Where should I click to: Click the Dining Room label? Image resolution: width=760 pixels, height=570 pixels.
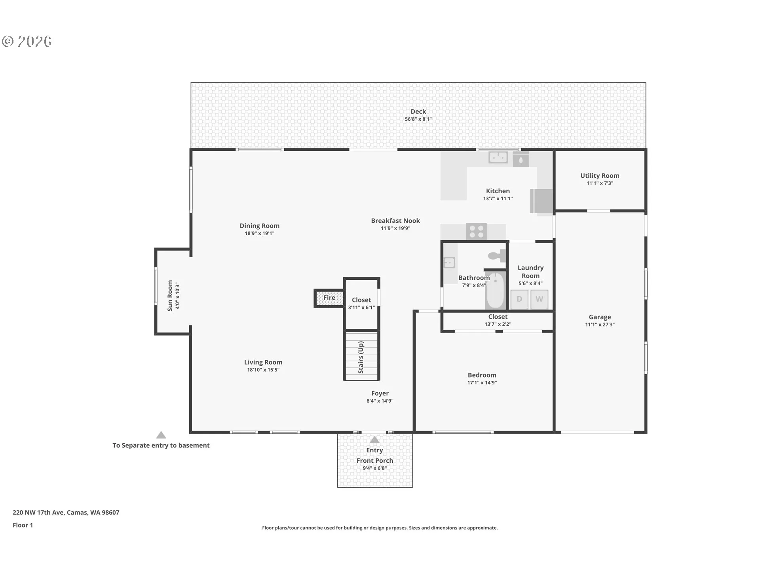[259, 226]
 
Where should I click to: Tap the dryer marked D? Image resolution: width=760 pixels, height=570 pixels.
[519, 299]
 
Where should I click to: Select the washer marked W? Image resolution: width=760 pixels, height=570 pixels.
[539, 299]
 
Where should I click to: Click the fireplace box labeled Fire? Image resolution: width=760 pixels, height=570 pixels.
[329, 298]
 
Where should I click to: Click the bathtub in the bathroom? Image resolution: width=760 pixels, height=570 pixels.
[495, 291]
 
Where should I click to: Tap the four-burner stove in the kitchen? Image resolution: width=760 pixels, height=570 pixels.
[476, 232]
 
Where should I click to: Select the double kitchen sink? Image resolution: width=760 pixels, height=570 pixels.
[498, 158]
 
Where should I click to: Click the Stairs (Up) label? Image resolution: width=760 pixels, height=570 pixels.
[361, 357]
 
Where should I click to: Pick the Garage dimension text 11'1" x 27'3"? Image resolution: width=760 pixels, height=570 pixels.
[600, 325]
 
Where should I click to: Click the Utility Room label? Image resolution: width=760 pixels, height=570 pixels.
[600, 175]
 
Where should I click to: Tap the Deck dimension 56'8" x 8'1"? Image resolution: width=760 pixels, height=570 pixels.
[418, 119]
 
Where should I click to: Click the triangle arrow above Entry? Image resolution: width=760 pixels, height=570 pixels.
[374, 440]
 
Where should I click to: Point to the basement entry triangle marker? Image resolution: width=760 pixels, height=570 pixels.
[161, 435]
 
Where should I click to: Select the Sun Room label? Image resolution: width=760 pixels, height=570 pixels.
[170, 296]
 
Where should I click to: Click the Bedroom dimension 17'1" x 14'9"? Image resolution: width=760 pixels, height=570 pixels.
[482, 383]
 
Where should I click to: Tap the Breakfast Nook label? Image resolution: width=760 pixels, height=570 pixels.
[395, 220]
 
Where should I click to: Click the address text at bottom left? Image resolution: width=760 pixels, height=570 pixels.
[66, 512]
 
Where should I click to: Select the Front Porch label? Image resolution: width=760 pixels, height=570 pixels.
[374, 460]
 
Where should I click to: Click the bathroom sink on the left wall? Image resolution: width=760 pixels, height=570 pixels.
[449, 262]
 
